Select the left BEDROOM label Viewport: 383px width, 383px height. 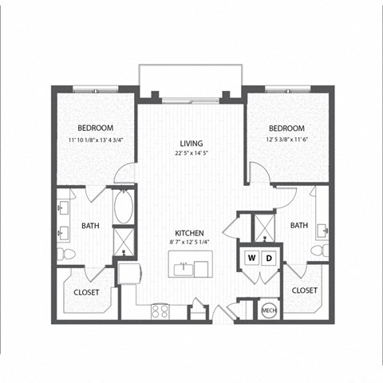pos(95,128)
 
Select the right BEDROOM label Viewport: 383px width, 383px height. pos(286,128)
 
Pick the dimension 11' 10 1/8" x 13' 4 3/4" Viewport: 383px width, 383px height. pos(95,140)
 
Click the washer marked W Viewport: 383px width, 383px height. pos(251,259)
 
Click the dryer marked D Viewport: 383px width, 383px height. pos(270,259)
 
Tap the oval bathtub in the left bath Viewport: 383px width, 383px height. pos(124,207)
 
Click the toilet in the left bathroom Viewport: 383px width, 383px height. pos(68,255)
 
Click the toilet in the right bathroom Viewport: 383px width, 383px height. pos(323,251)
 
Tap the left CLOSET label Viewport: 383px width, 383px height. pos(86,293)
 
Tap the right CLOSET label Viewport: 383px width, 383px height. pos(304,290)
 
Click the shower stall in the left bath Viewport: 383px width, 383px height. pos(124,240)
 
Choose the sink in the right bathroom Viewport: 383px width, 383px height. pos(325,231)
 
